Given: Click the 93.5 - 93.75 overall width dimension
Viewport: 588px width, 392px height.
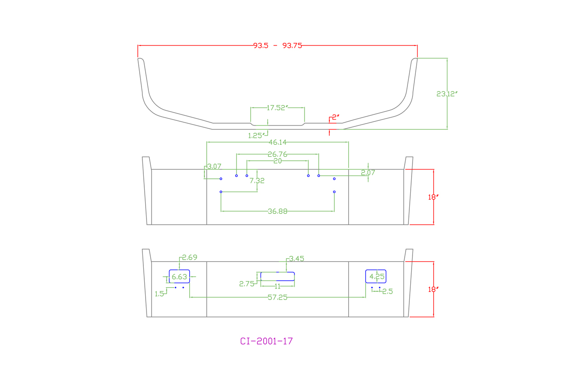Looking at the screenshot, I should click(277, 45).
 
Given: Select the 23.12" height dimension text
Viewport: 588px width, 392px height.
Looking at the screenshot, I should click(447, 94).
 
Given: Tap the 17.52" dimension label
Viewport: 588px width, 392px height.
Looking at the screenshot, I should click(277, 108).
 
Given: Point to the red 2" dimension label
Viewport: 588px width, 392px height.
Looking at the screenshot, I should click(335, 117).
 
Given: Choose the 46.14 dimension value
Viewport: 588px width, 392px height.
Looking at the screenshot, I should click(277, 142).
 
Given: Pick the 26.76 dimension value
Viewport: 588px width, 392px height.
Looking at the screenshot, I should click(277, 154).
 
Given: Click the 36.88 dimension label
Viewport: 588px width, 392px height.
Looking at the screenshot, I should click(277, 211).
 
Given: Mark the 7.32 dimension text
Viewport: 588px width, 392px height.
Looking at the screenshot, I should click(257, 181).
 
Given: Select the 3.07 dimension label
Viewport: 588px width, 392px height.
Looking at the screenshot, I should click(214, 166).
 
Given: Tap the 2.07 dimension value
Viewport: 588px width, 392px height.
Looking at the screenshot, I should click(368, 173).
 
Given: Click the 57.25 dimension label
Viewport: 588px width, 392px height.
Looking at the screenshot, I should click(277, 298).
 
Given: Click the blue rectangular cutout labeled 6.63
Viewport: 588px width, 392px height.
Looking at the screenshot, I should click(179, 277).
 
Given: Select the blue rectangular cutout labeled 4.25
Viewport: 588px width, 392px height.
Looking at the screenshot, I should click(376, 276).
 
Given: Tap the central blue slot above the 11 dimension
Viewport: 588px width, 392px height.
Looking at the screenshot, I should click(277, 276).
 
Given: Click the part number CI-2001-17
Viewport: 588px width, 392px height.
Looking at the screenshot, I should click(266, 341).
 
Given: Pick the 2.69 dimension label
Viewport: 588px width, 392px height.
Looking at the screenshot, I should click(190, 257).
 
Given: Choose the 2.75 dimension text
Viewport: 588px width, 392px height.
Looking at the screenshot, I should click(247, 284).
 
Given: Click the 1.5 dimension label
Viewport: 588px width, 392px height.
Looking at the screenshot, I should click(159, 294).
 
